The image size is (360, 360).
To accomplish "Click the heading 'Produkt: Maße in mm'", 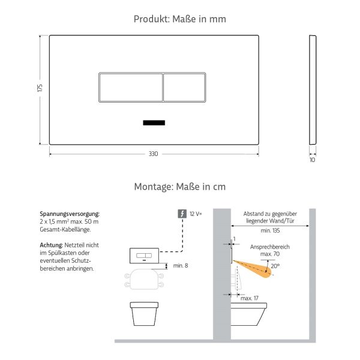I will [x=180, y=19].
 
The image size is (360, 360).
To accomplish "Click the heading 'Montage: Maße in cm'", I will [x=180, y=187].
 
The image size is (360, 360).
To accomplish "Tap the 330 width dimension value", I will [x=154, y=154].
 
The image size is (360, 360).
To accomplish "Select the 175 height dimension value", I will [x=40, y=88].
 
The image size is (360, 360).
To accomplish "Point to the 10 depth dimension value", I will [x=312, y=160].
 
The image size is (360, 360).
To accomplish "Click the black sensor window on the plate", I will [x=154, y=123].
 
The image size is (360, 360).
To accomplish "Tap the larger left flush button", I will [x=130, y=88].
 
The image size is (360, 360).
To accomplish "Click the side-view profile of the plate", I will [x=312, y=89].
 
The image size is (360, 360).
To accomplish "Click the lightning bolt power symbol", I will [x=182, y=214].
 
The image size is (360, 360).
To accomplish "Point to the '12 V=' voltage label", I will [x=196, y=214].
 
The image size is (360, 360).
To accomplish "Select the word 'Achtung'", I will [x=51, y=245].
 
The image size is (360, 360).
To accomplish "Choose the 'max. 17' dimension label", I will [x=250, y=298].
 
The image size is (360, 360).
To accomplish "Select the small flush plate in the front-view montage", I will [x=143, y=256].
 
